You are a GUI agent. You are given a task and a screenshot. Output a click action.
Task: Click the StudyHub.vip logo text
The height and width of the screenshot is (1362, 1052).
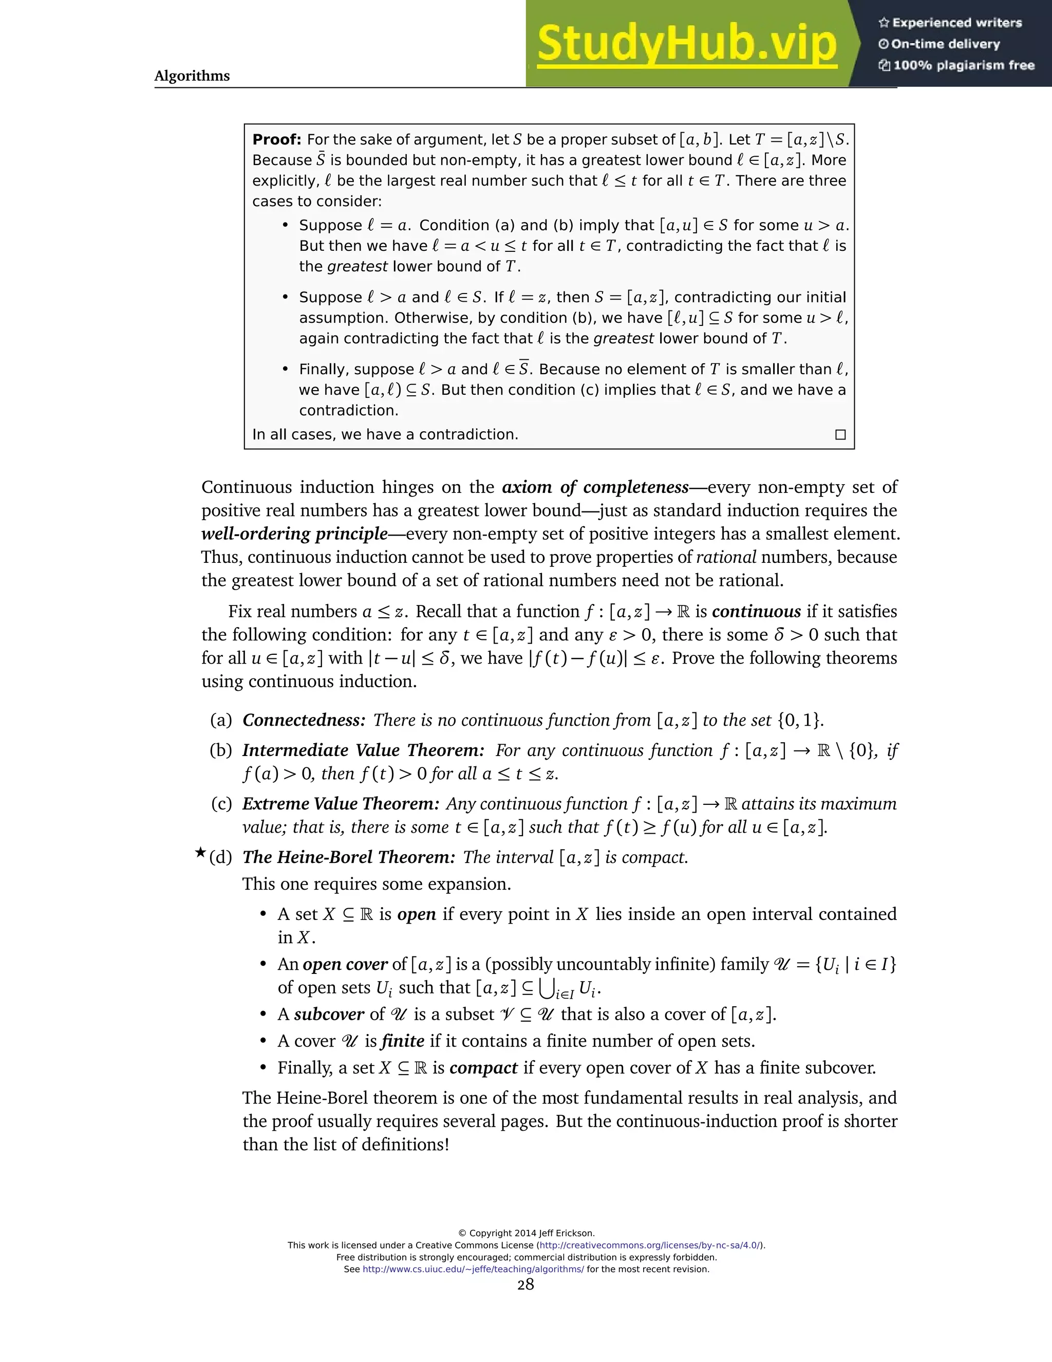[686, 44]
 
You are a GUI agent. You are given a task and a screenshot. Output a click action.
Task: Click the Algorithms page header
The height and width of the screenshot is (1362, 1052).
[192, 76]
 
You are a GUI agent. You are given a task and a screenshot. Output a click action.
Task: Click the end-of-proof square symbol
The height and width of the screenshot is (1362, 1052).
[840, 435]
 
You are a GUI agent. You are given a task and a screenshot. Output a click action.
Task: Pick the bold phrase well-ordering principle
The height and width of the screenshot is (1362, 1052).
[294, 534]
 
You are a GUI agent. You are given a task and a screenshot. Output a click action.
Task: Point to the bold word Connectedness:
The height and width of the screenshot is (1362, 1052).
[304, 720]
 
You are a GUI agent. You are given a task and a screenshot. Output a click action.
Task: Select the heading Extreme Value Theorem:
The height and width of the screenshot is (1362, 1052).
[341, 804]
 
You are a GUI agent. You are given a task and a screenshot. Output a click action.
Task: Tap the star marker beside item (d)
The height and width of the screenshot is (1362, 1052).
[200, 853]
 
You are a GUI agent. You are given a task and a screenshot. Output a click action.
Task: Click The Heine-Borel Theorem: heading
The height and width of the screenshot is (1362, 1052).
[349, 857]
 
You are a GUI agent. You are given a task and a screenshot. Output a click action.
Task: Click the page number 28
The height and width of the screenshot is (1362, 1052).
[525, 1283]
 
